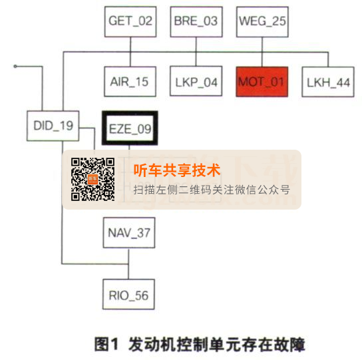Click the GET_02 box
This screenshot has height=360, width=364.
130,21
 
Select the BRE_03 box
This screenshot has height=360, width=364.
196,21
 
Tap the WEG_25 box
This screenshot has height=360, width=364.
262,21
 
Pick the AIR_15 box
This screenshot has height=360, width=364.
130,81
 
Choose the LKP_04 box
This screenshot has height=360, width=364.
196,81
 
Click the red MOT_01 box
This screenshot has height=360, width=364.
262,82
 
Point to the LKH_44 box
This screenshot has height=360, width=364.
328,82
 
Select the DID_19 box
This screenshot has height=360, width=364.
53,126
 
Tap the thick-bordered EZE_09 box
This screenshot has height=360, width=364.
130,128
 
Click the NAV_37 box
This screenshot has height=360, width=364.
129,233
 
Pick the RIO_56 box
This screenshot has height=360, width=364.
128,294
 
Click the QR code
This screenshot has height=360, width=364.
93,179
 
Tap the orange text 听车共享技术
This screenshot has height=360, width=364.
177,170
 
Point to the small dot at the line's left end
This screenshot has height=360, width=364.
15,67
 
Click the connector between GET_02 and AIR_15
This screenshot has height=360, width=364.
130,52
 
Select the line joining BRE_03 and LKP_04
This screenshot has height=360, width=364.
196,51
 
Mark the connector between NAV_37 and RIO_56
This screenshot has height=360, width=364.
128,264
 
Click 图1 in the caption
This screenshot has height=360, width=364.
106,344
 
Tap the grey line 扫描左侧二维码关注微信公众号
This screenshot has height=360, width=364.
212,190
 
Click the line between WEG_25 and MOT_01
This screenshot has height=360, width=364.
262,52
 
